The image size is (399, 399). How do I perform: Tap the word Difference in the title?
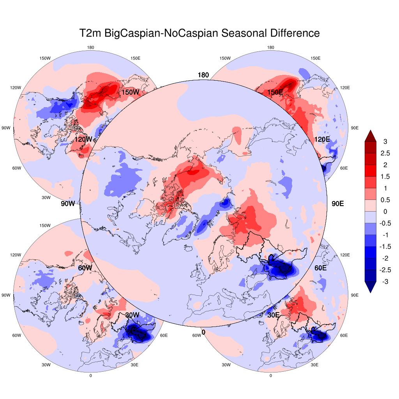293,33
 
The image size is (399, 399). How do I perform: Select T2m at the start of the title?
90,33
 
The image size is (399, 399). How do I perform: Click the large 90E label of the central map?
337,203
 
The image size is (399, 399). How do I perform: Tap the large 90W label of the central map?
67,203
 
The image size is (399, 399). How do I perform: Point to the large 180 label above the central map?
203,75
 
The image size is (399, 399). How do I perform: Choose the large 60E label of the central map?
321,268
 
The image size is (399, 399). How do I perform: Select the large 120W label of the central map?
83,139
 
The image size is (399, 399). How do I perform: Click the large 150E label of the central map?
275,92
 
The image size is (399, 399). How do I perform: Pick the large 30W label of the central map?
132,315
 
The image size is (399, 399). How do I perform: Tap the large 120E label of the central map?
322,139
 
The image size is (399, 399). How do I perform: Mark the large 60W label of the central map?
85,268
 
